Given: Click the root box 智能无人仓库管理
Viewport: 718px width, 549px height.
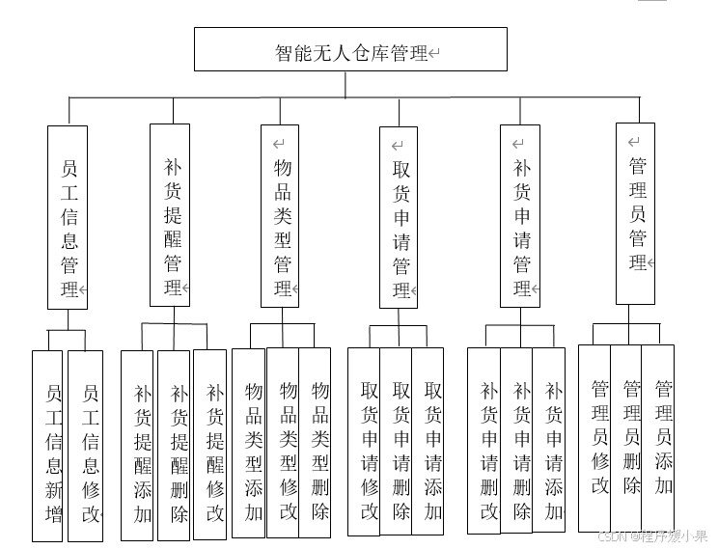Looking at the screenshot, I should pos(350,49).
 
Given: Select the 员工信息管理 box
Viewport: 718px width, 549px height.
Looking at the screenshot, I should pos(68,217).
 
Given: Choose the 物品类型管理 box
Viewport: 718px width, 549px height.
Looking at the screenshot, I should pos(281,216).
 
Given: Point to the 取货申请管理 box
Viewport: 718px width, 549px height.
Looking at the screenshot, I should pos(399,217).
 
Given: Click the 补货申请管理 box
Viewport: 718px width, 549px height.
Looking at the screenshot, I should pos(520,216).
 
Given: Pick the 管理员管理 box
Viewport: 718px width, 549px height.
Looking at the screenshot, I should pos(635,213).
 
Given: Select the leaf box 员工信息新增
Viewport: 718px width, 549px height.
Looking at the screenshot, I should pos(47,445).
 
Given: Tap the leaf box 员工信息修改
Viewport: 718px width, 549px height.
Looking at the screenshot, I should pos(85,445).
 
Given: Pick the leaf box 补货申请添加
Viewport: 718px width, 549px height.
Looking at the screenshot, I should pos(549,440).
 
